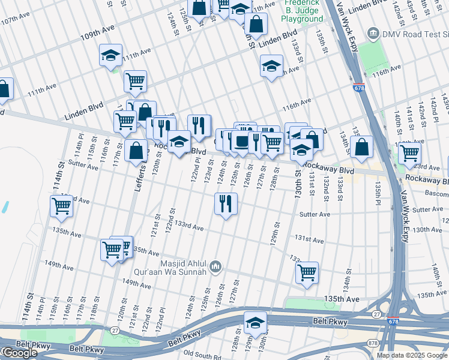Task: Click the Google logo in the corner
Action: pos(19,353)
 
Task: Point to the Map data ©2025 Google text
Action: pos(412,355)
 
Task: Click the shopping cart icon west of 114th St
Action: pos(62,206)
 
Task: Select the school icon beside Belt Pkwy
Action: pos(255,322)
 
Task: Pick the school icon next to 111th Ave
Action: pos(111,55)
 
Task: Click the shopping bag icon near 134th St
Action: pos(363,146)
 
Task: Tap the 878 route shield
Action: pos(373,343)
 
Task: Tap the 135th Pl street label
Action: pos(378,193)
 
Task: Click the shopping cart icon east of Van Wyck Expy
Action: pos(409,152)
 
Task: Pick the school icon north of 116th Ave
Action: pos(271,65)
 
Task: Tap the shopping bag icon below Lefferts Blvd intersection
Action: pos(137,151)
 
